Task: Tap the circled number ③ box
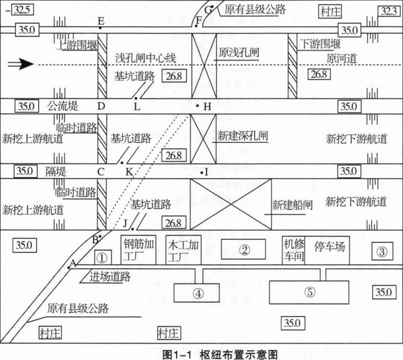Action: coord(381,251)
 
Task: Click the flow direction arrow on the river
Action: coord(21,64)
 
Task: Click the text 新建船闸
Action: coord(292,205)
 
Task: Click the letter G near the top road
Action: coord(209,9)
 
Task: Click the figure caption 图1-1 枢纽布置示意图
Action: coord(220,354)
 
